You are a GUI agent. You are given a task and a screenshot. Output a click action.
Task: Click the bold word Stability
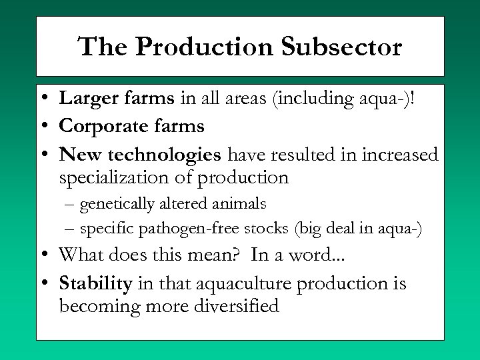point(96,283)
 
